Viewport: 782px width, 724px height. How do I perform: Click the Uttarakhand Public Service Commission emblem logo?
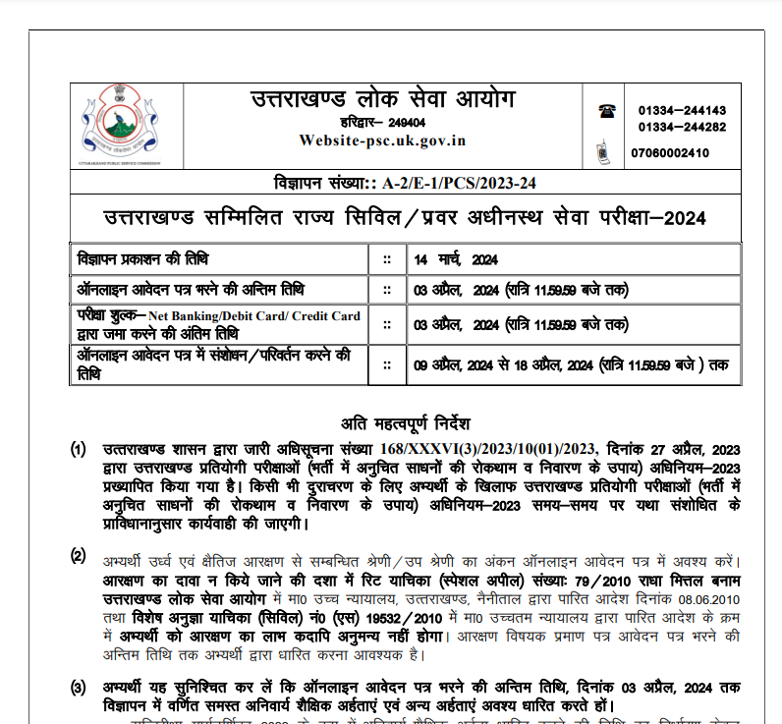pos(121,124)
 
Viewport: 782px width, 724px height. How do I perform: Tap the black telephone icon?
pos(604,111)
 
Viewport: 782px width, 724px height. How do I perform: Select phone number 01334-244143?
pos(682,111)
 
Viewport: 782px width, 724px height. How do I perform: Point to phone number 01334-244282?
pos(682,128)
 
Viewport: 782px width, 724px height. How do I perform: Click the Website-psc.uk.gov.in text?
pos(383,140)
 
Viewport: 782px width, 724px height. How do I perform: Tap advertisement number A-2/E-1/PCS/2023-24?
pos(461,184)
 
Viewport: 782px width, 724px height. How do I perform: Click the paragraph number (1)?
pos(79,450)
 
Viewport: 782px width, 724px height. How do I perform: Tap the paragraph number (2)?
pos(79,557)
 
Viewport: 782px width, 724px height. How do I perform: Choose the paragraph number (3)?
pos(79,686)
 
